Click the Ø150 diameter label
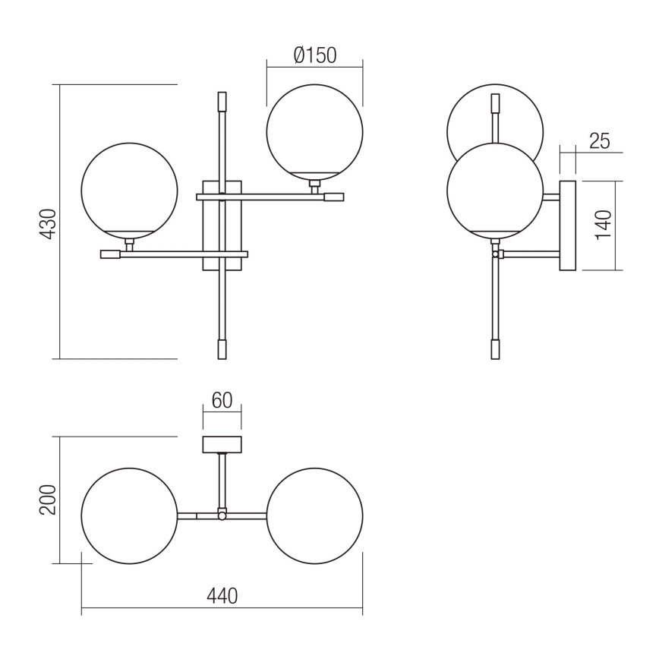click(x=314, y=55)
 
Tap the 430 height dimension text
click(x=48, y=224)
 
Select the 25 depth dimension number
click(x=599, y=140)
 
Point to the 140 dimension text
click(x=604, y=225)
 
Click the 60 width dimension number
click(x=222, y=400)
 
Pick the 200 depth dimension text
click(x=48, y=500)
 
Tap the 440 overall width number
click(x=222, y=596)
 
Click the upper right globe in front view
click(x=314, y=129)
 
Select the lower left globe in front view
click(x=129, y=188)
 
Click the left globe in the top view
click(x=129, y=516)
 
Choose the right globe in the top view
click(x=314, y=516)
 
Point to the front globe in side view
click(x=495, y=190)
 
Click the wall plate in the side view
click(x=568, y=225)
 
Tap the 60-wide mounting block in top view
click(x=222, y=444)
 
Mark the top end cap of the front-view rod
click(x=222, y=102)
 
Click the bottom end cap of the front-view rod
click(x=222, y=349)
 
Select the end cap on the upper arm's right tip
click(x=334, y=197)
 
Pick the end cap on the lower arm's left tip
click(x=110, y=254)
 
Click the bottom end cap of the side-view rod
click(x=495, y=349)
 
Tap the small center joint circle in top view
click(x=222, y=516)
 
